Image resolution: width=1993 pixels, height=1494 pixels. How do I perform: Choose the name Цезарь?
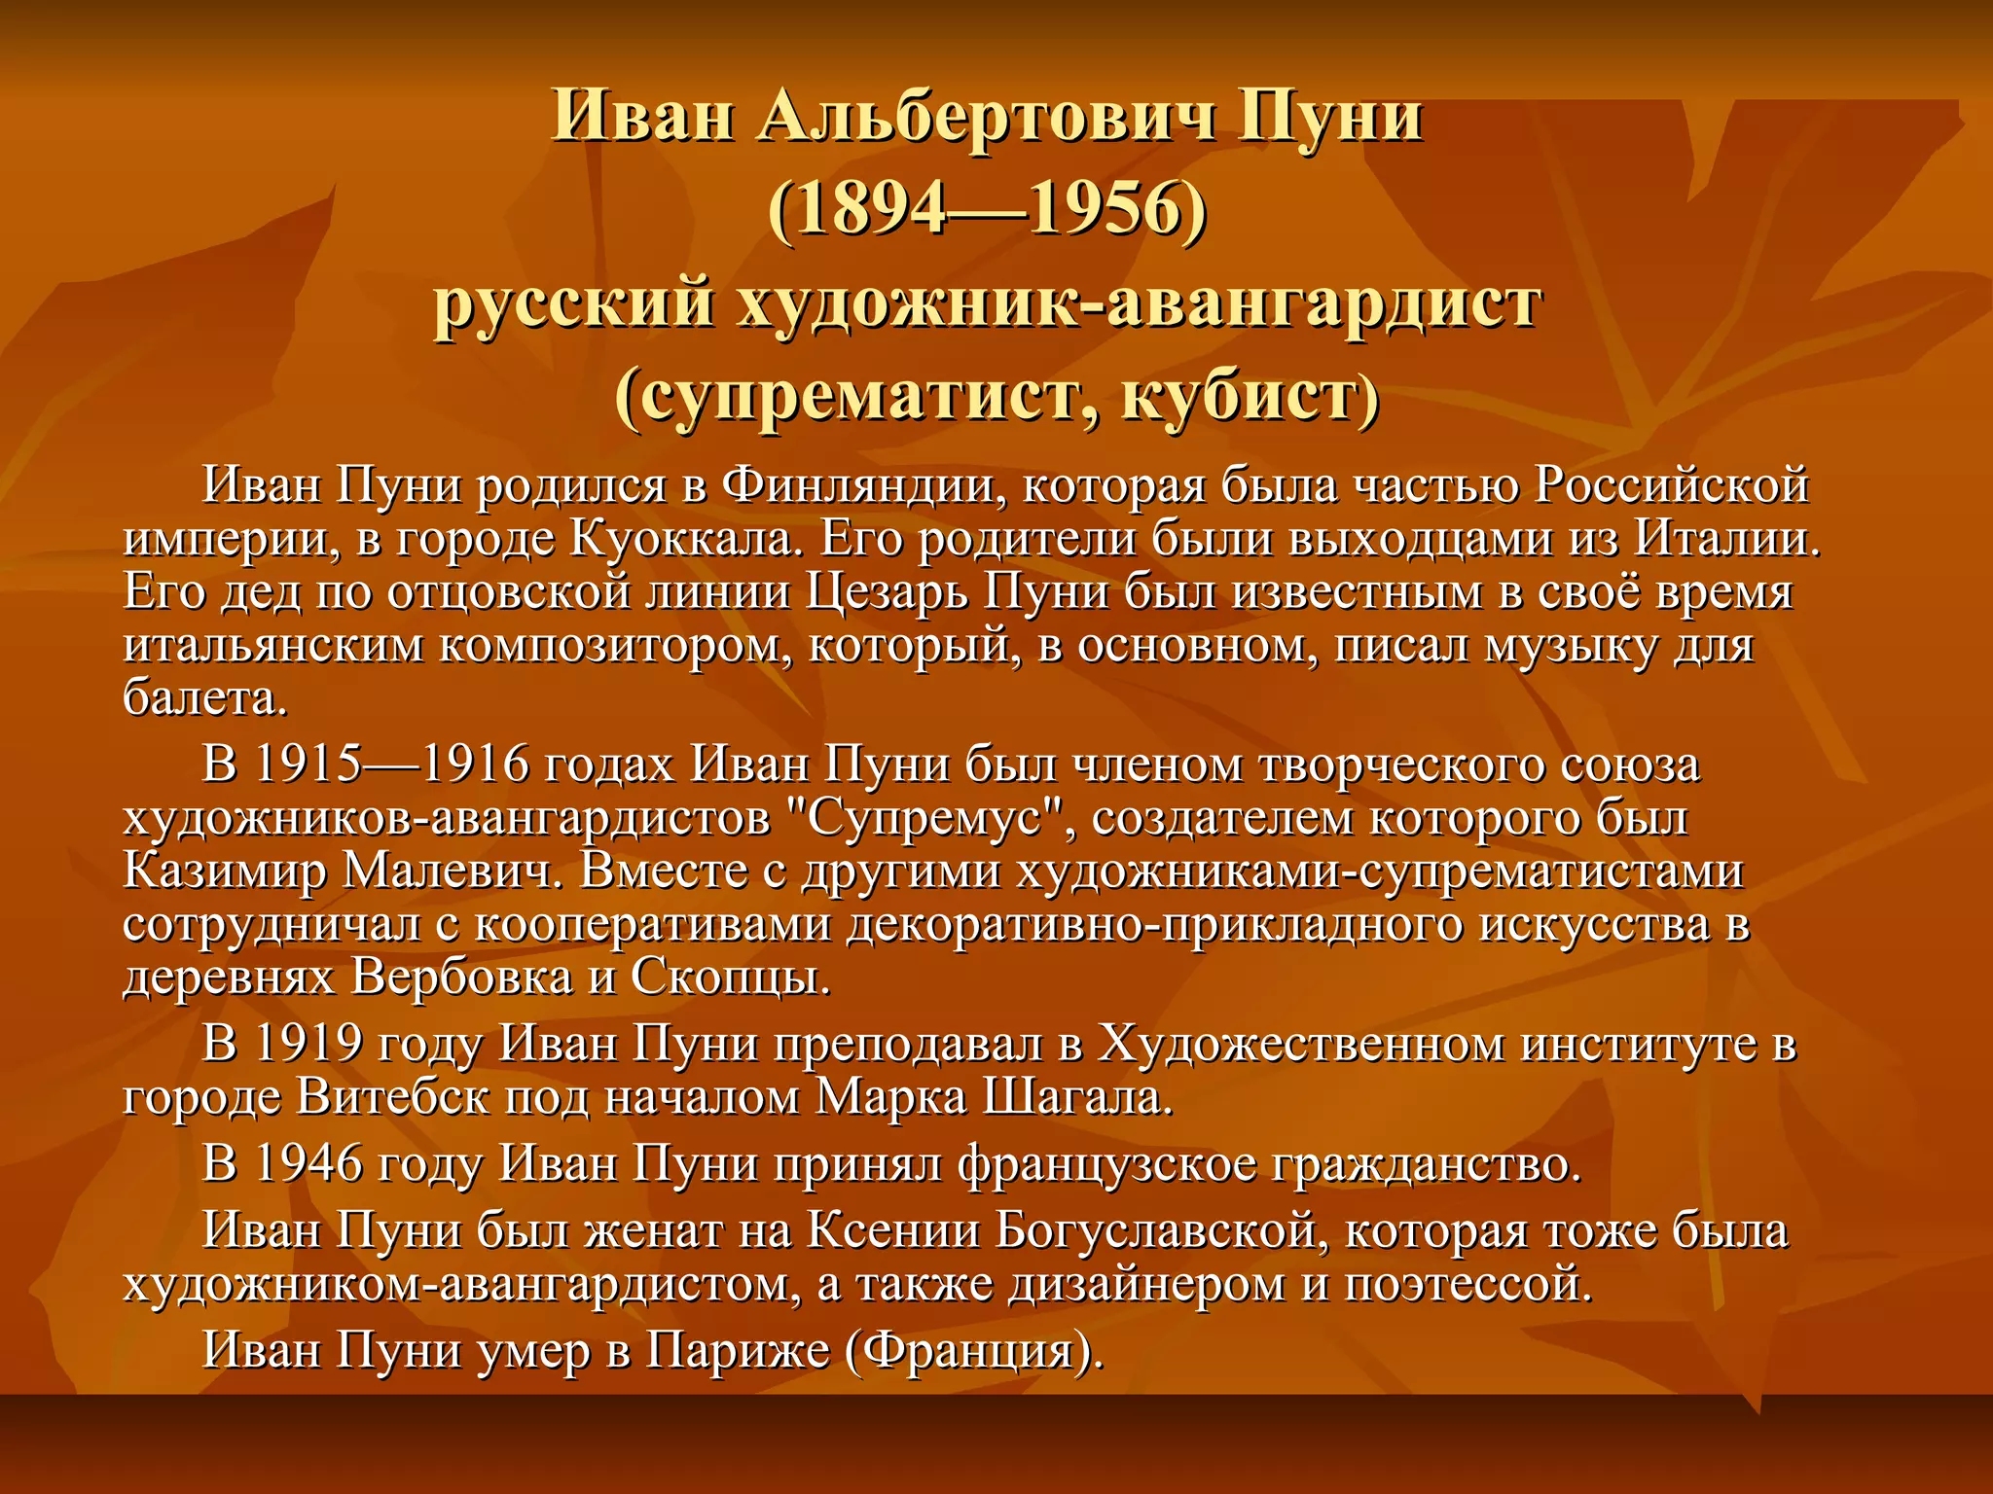tap(887, 592)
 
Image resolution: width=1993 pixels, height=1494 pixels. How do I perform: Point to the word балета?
tap(204, 698)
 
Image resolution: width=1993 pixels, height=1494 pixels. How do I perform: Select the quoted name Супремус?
tap(924, 818)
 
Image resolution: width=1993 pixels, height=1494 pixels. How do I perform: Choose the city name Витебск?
tap(393, 1098)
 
